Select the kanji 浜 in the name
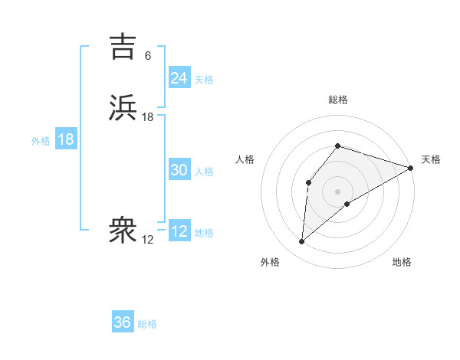(x=123, y=108)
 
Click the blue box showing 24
(x=179, y=77)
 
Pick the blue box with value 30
(x=179, y=170)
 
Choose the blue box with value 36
(x=123, y=322)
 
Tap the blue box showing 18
(x=65, y=139)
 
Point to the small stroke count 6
(x=148, y=56)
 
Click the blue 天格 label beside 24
(x=204, y=80)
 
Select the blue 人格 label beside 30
(x=204, y=172)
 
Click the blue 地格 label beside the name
(x=204, y=233)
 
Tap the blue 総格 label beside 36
(x=148, y=325)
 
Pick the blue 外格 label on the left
(x=41, y=141)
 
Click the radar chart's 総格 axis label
(x=338, y=100)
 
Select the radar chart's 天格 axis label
(x=431, y=159)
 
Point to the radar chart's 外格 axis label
(x=270, y=263)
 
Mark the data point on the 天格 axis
(x=412, y=168)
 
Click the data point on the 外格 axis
(x=302, y=242)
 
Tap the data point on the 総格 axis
(x=338, y=146)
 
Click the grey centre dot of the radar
(x=338, y=191)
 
